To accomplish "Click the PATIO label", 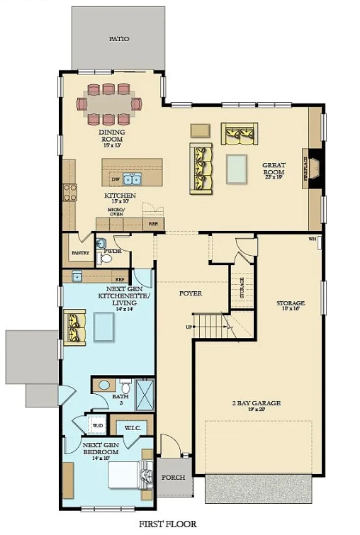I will click(x=118, y=39).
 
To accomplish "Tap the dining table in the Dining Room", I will click(x=108, y=103).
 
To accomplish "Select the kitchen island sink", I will click(x=131, y=178).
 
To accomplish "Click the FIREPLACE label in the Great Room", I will click(x=306, y=169).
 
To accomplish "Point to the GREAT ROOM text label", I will click(x=274, y=168).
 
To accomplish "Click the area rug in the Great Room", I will click(x=237, y=169).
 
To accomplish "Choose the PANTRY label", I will click(x=79, y=253).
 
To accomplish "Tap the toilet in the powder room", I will click(x=106, y=259).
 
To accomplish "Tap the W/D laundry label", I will click(x=97, y=426).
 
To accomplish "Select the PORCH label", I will click(x=174, y=477).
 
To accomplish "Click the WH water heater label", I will click(x=312, y=239).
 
